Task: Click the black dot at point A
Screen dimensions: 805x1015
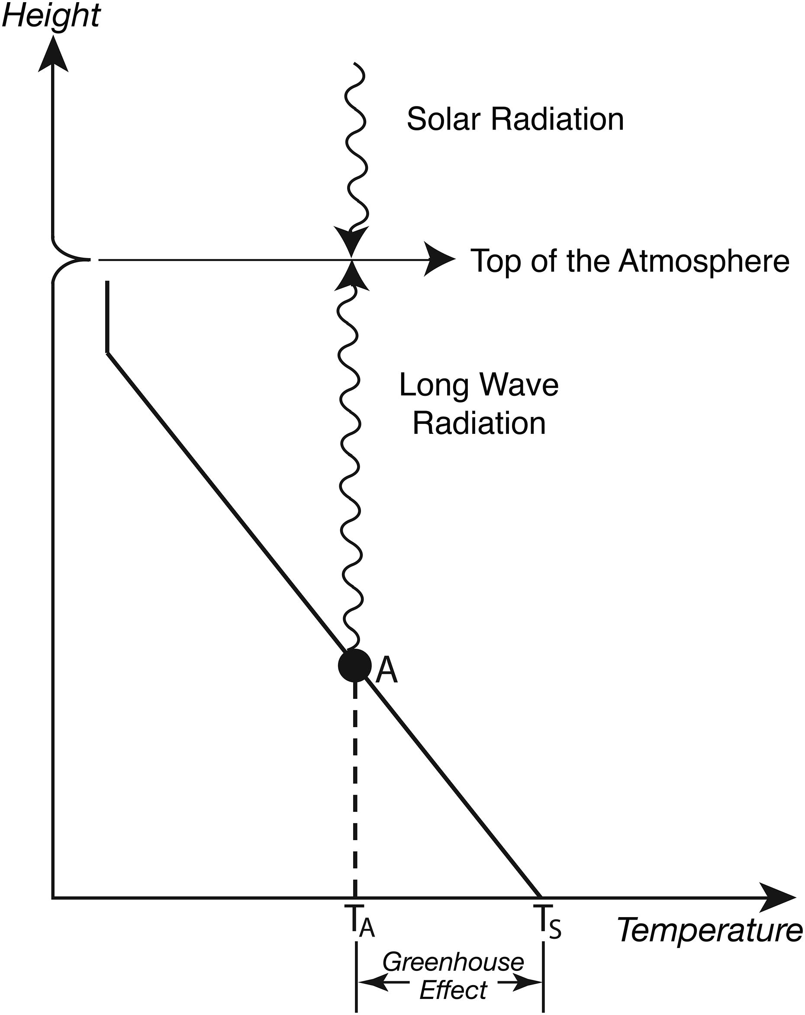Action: (x=355, y=665)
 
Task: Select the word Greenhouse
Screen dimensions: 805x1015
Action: (x=453, y=962)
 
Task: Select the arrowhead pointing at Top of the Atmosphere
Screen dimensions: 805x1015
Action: (x=439, y=259)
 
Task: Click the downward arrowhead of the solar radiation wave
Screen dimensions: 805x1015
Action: (x=351, y=241)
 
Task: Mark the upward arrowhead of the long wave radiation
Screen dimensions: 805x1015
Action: (x=351, y=276)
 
